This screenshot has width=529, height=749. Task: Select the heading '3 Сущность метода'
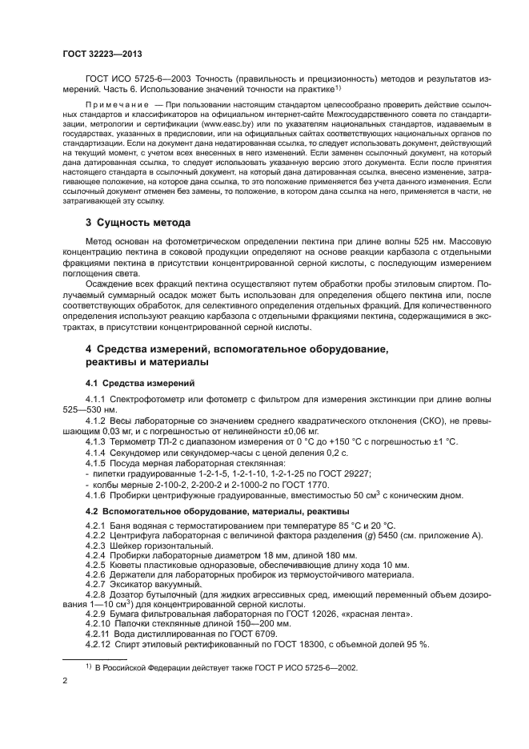[137, 221]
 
